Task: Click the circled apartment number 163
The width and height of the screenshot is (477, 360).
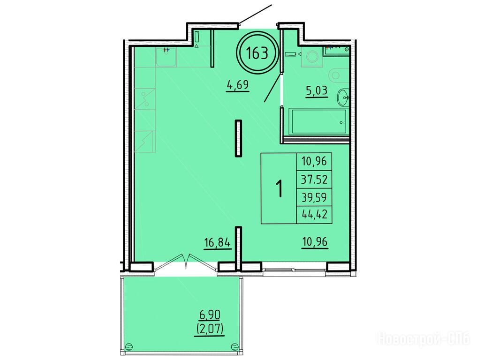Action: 257,53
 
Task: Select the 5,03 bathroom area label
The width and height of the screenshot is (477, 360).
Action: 317,91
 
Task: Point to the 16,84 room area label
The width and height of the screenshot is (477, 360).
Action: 218,243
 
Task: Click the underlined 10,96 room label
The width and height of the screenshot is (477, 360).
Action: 315,242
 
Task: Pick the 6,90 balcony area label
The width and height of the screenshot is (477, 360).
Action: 210,315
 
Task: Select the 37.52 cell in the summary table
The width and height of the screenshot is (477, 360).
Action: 314,180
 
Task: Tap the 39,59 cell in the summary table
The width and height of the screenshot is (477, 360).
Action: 314,197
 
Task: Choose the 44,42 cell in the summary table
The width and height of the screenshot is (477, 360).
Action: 314,215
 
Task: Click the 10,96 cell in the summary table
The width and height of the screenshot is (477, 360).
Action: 314,161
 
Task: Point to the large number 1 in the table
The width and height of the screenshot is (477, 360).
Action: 279,188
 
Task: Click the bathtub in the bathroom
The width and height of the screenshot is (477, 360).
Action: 318,121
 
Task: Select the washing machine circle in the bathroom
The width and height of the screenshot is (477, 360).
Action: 312,57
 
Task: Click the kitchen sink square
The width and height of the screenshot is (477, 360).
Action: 166,57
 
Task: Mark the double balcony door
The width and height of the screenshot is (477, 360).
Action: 186,262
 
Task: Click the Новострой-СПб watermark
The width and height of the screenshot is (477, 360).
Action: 424,339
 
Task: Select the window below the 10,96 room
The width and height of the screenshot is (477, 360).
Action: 294,270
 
